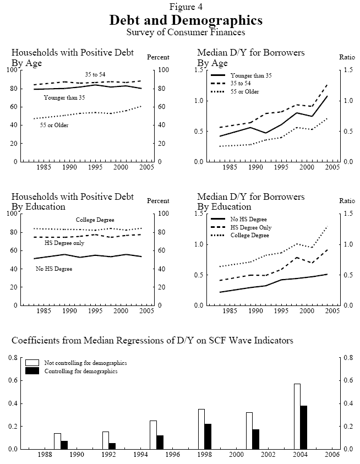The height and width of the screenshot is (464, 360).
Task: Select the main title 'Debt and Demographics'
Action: (x=186, y=20)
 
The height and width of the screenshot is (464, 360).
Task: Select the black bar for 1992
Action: (x=112, y=446)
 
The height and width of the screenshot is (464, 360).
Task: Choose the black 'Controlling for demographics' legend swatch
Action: (x=32, y=371)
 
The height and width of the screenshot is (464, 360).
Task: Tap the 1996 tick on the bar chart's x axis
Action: (x=173, y=455)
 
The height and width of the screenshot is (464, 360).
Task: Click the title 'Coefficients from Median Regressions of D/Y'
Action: (x=152, y=341)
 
